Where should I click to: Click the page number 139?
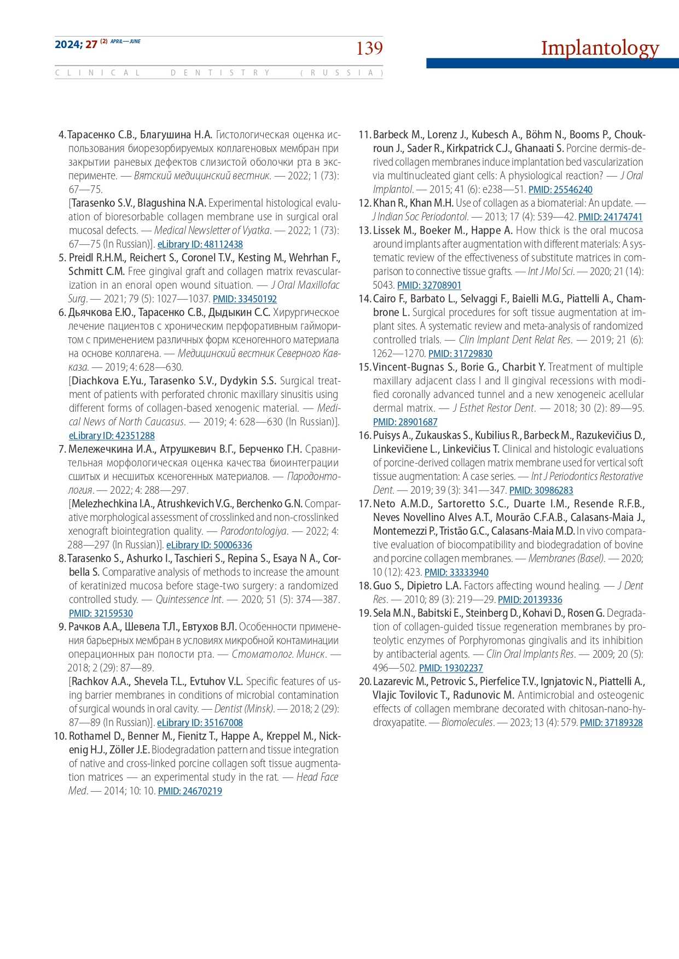point(369,49)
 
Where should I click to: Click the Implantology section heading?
point(600,48)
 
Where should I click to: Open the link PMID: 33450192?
point(245,299)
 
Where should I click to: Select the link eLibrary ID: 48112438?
point(200,244)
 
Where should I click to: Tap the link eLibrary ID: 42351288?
point(112,436)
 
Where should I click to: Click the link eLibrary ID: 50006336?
point(209,545)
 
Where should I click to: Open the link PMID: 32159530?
point(101,613)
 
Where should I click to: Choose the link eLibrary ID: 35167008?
point(200,723)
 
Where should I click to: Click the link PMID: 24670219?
point(190,791)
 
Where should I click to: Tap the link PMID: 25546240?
point(560,190)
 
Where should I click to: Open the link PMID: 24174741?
point(610,217)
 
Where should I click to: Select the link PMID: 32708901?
point(429,285)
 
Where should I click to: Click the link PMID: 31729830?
point(460,354)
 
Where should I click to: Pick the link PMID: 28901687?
point(405,422)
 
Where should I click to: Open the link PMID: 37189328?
point(611,723)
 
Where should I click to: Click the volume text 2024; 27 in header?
point(76,45)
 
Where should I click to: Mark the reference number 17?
point(364,504)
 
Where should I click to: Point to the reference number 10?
point(60,736)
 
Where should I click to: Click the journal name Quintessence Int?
point(189,599)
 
